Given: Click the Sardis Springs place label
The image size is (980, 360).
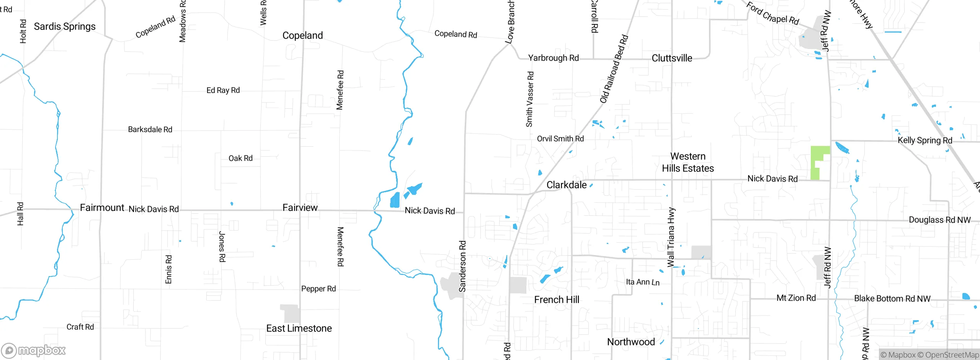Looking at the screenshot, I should pos(65,26).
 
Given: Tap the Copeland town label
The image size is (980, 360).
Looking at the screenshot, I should pos(302,36).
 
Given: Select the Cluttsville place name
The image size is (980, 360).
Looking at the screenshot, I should pos(672,58).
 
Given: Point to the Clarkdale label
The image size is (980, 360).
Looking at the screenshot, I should pos(567,185).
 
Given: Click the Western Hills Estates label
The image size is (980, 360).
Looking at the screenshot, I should pos(688,162).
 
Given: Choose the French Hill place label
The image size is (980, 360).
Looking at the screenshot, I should pos(557,299).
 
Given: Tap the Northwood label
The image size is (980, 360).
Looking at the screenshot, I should pos(631,342).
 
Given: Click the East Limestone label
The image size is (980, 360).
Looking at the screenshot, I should pos(299,328).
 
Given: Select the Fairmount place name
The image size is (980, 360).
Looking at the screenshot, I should pos(102,208).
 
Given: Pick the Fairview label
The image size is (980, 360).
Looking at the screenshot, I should pos(300,208).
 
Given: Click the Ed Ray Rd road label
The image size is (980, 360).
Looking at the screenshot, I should pos(223,90).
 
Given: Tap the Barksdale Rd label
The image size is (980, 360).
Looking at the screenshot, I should pos(150,129).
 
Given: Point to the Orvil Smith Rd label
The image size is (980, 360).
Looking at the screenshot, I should pos(560,139).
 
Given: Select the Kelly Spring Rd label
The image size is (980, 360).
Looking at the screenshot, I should pos(925,140).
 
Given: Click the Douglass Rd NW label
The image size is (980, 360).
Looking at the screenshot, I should pos(940,220).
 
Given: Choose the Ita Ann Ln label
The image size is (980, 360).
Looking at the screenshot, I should pos(643,282).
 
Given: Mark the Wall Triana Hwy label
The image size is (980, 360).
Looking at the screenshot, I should pos(671,237).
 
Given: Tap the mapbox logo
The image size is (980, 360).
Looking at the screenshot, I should pos(34,350).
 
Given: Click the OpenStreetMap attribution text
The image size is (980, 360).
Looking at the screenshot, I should pos(952,355).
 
